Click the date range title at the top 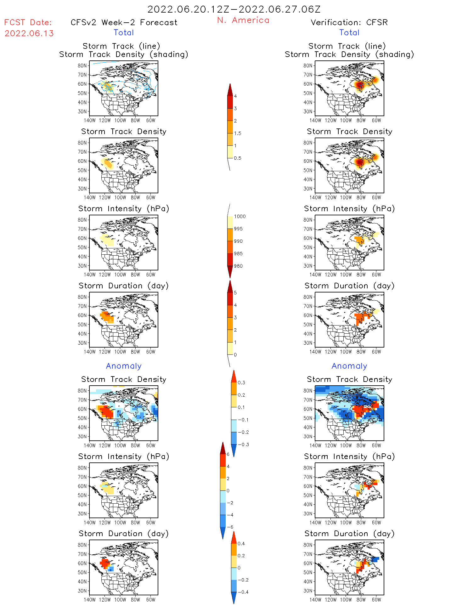[x=234, y=9]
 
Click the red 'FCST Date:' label [x=28, y=22]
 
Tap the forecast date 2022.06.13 [x=29, y=33]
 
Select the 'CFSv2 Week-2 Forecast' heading [x=124, y=22]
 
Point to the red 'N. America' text [x=243, y=20]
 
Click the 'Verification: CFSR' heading [x=349, y=22]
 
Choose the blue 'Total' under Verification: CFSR [x=349, y=32]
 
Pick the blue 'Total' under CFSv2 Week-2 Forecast [x=124, y=32]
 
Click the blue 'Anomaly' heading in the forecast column [x=124, y=366]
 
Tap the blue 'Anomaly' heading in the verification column [x=349, y=366]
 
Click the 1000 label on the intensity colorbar [x=240, y=216]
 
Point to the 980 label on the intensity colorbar [x=238, y=266]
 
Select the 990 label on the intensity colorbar [x=238, y=241]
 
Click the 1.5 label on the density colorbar [x=238, y=133]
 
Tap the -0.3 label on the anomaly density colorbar [x=243, y=445]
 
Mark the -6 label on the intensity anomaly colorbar [x=230, y=527]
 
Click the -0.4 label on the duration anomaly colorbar [x=243, y=592]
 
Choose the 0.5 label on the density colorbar [x=238, y=158]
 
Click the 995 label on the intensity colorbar [x=238, y=229]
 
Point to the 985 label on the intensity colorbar [x=238, y=254]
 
